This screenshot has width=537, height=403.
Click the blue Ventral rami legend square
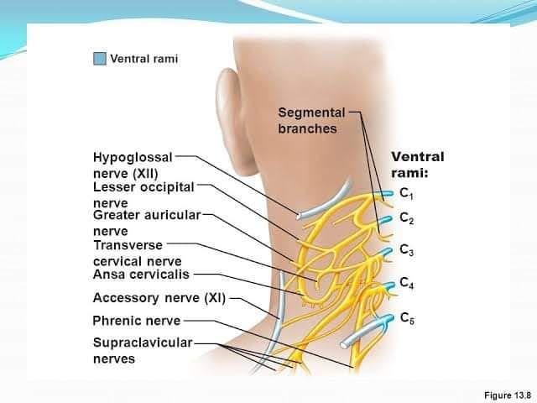pos(100,59)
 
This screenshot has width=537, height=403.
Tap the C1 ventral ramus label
pos(406,194)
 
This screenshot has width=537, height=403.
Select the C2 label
pos(406,218)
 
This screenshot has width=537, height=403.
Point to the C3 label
pos(406,250)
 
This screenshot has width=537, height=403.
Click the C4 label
pos(406,283)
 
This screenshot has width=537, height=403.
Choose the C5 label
pos(407,318)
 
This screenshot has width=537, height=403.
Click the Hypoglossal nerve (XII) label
pos(133,165)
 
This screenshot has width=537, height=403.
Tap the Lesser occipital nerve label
pos(143,195)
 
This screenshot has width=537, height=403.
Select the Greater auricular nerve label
pos(147,223)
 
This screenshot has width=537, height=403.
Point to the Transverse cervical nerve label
pos(137,254)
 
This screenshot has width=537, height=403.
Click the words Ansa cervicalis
pos(141,275)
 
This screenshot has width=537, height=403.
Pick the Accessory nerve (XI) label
pos(159,298)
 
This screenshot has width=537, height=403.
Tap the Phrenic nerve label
pos(136,321)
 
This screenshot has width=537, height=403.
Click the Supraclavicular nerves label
pos(143,351)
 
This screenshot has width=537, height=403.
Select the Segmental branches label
pos(311,121)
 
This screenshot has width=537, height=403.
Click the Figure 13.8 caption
pos(508,395)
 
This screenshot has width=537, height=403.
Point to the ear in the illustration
pos(229,117)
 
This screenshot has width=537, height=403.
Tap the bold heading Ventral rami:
pos(418,165)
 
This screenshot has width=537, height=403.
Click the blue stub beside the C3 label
pos(385,252)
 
